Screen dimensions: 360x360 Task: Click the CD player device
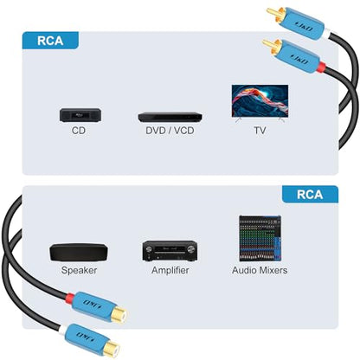click(80, 115)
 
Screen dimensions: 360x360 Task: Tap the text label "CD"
click(79, 131)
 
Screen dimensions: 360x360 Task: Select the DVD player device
click(170, 117)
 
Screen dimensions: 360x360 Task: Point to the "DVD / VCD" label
click(170, 131)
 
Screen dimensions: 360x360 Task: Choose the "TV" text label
click(260, 131)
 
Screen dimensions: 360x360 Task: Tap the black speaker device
click(79, 253)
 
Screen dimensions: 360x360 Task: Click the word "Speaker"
click(79, 270)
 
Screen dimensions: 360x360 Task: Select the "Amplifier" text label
click(170, 270)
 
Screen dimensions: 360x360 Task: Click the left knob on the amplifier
click(149, 249)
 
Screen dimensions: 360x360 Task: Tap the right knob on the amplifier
click(190, 249)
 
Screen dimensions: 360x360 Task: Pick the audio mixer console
click(260, 238)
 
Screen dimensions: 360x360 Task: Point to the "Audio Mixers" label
click(260, 270)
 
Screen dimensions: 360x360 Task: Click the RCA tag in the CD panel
click(50, 41)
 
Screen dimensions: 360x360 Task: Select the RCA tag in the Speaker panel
click(310, 195)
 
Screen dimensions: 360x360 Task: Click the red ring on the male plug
click(322, 68)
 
